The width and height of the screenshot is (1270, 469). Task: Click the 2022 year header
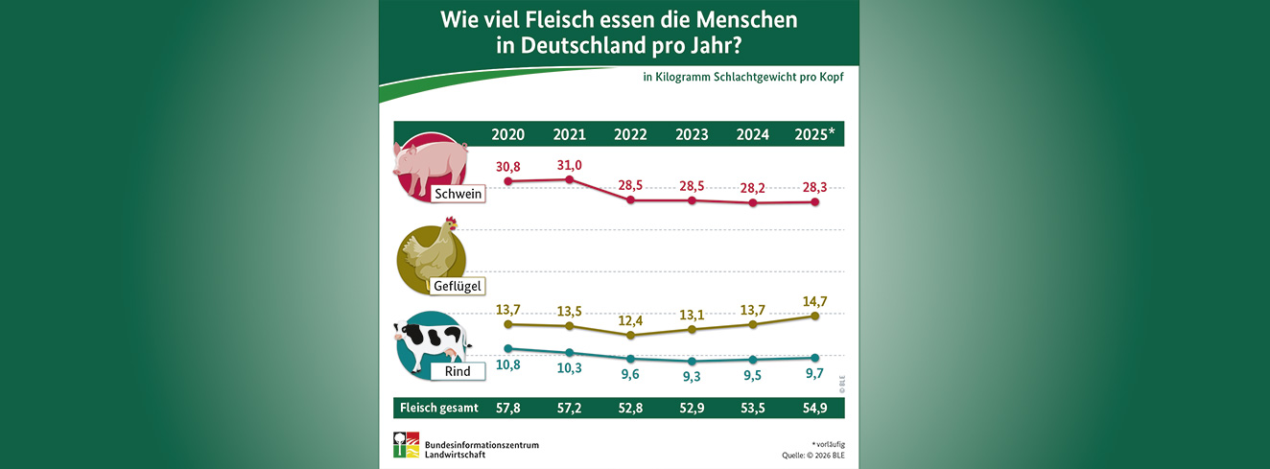click(x=630, y=134)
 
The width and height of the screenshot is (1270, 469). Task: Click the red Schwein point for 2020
click(x=507, y=181)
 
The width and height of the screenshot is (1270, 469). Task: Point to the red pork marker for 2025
click(x=814, y=201)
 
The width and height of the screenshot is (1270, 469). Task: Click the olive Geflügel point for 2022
click(x=630, y=336)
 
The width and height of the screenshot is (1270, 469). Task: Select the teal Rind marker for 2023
click(x=692, y=362)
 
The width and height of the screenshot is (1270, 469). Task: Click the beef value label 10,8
click(x=507, y=365)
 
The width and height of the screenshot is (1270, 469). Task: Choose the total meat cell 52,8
click(x=630, y=408)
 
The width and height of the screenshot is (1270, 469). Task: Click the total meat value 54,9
click(x=814, y=408)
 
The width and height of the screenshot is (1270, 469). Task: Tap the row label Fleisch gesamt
click(x=438, y=408)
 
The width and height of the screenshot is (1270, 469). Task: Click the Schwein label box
click(x=457, y=194)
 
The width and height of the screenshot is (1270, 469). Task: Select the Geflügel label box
click(x=457, y=285)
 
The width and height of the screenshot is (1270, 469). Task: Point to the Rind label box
click(x=458, y=370)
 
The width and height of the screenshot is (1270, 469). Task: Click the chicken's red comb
click(x=451, y=223)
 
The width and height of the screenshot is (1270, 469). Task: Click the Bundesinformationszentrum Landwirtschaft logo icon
click(x=406, y=445)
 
